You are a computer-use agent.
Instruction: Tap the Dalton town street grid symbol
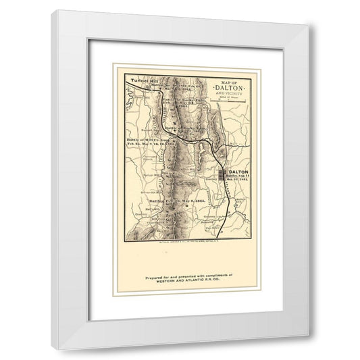click(224, 176)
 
